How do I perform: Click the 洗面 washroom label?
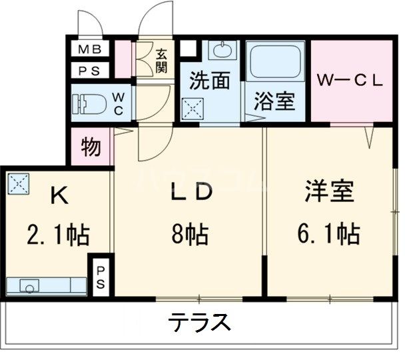209,80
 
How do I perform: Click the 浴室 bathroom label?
274,103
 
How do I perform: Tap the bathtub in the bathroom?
274,64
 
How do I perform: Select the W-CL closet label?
349,82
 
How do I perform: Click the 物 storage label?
91,146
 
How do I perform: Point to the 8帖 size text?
190,234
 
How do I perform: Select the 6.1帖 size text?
329,234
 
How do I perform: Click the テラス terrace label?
199,323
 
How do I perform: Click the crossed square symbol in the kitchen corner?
17,183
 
